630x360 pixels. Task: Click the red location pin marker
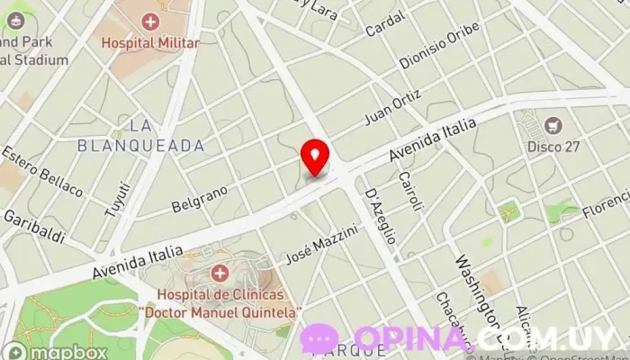click(315, 157)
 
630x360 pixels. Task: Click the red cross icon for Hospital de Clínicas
click(219, 273)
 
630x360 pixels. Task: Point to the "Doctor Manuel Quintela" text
click(220, 310)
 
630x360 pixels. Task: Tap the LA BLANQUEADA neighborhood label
click(141, 134)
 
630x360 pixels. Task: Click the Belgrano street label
click(198, 198)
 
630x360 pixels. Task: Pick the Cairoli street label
click(409, 191)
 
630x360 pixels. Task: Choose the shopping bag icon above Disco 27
click(552, 125)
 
